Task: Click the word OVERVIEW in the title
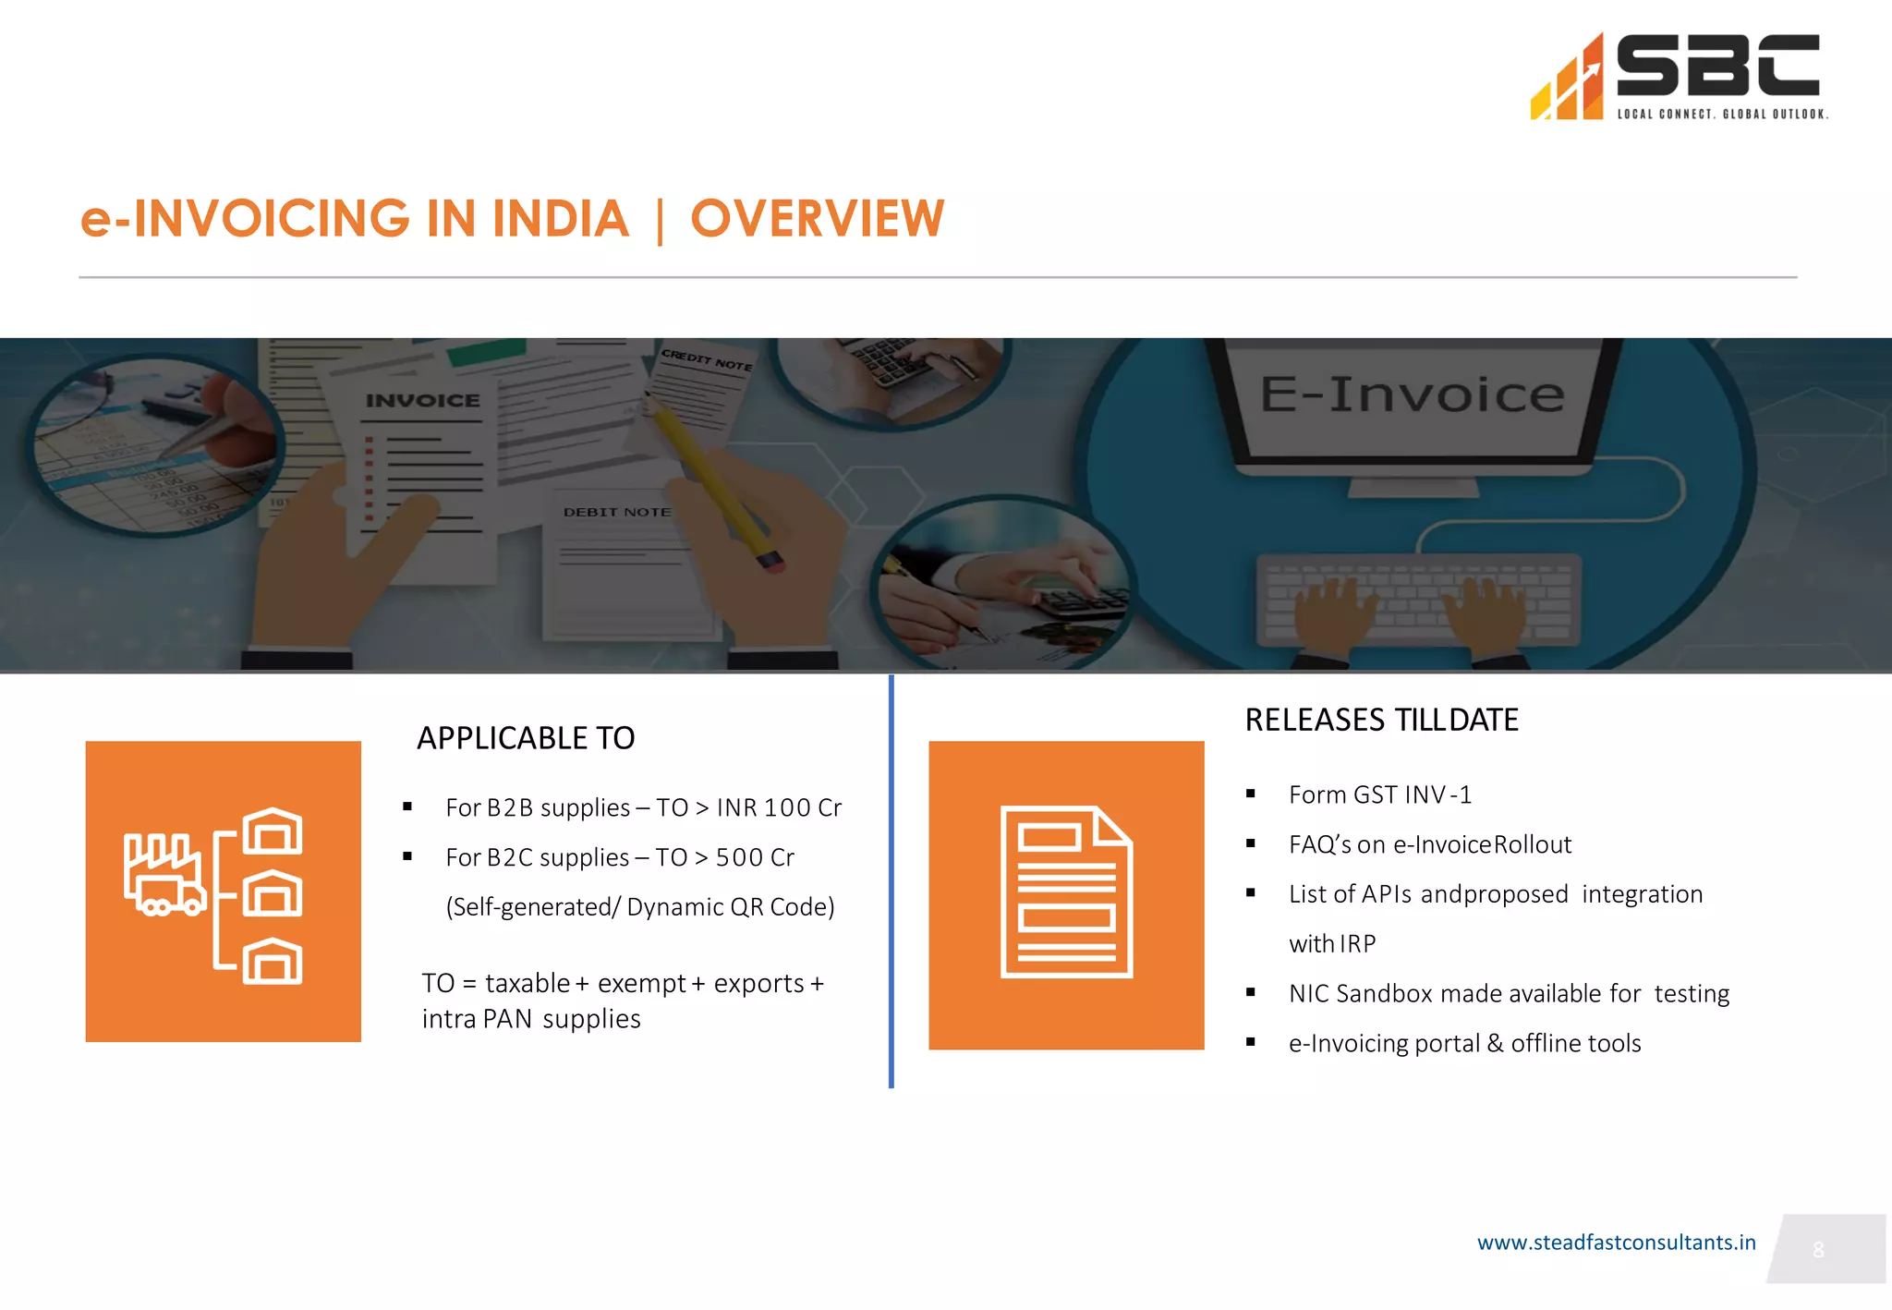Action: point(817,219)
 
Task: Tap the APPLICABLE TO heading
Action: point(526,738)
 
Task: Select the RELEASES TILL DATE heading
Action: point(1381,720)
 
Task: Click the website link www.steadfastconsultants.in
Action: point(1616,1243)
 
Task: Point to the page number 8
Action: point(1818,1250)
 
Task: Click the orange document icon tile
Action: point(1066,894)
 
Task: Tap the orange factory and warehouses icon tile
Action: point(223,892)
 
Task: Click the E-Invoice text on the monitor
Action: point(1412,394)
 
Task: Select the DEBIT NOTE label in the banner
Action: point(617,512)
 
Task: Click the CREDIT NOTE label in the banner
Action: point(707,359)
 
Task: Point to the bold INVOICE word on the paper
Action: point(423,401)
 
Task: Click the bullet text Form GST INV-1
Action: point(1379,794)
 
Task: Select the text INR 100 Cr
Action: point(779,807)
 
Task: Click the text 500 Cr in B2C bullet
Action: point(755,857)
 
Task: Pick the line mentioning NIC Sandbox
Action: point(1509,993)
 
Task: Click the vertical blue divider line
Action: point(891,881)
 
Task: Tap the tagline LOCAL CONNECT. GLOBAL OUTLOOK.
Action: point(1722,115)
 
